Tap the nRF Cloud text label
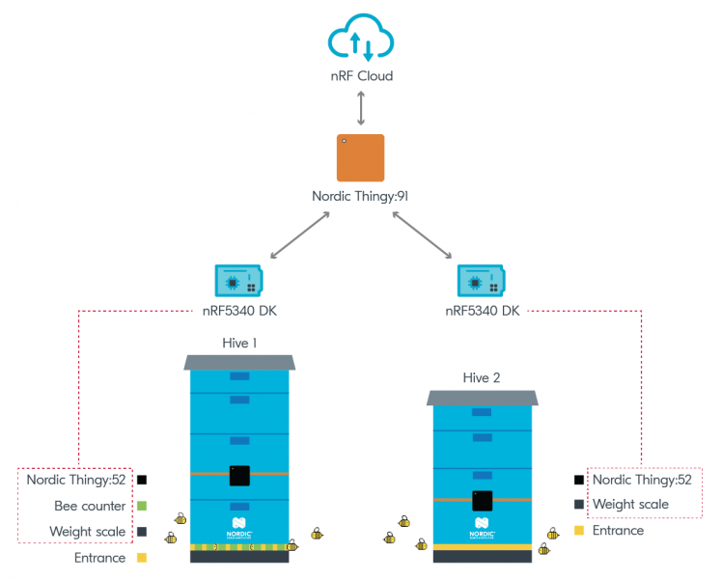360,75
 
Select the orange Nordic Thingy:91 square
360,158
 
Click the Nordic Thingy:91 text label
360,196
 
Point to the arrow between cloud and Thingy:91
360,107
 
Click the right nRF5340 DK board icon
483,280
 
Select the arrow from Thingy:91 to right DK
424,236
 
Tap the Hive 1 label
239,343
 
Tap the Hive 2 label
482,378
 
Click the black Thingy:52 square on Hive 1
239,475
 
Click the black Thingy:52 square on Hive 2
482,501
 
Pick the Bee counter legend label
90,506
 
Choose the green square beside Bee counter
141,506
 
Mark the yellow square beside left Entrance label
141,558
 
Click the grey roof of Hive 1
239,362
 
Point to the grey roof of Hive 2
482,398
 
